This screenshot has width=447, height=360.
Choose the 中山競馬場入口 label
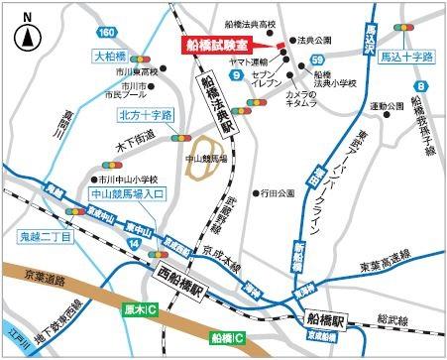122,193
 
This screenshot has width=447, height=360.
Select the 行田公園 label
279,192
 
